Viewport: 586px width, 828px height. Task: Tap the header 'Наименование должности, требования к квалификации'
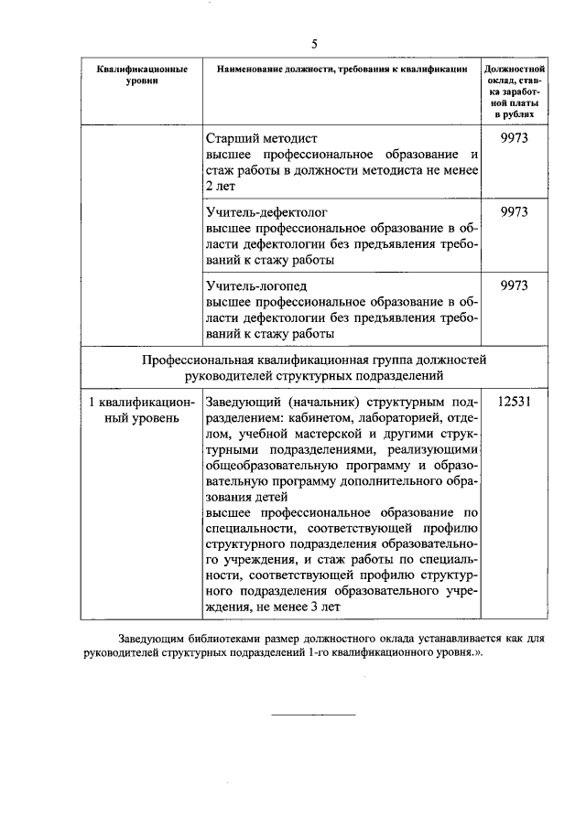(342, 70)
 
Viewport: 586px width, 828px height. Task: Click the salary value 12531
(515, 402)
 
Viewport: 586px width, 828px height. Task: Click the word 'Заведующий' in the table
(242, 402)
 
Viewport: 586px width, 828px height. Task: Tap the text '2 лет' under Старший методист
(221, 186)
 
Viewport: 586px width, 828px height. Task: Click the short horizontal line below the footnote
(313, 714)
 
